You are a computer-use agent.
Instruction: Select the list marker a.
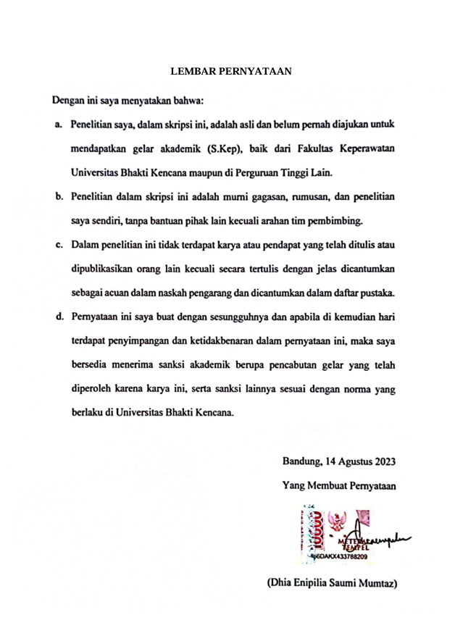pyautogui.click(x=57, y=125)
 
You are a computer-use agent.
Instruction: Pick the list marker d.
pyautogui.click(x=57, y=317)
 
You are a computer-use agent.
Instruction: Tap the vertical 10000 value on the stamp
pyautogui.click(x=316, y=532)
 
